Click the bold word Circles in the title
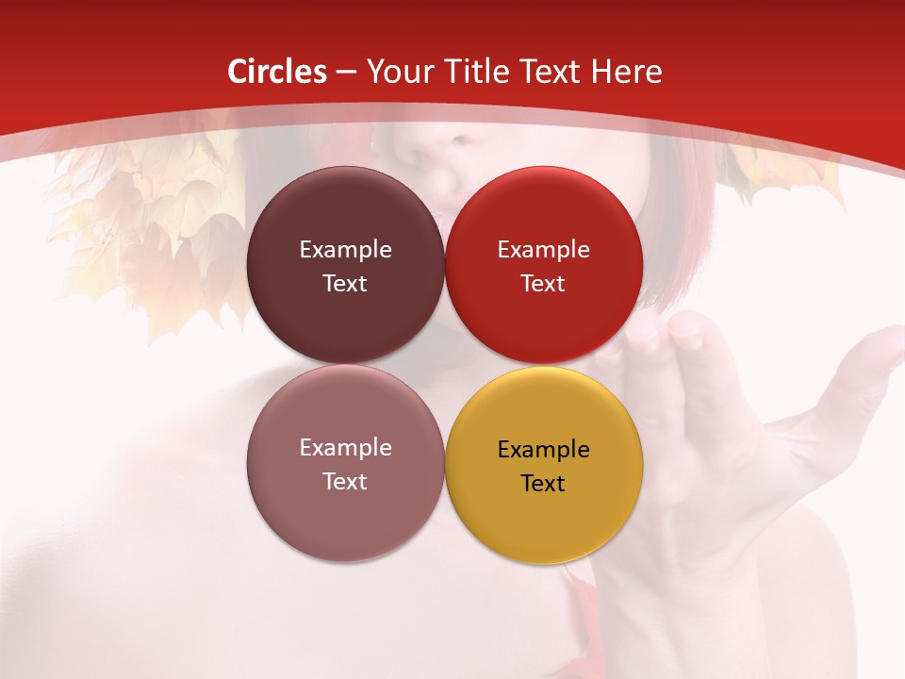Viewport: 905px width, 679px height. coord(277,72)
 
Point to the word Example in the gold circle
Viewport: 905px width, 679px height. coord(544,450)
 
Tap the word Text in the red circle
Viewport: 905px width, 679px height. coord(543,284)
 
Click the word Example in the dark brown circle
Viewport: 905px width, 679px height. coord(345,250)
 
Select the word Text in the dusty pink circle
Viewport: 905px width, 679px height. coord(345,482)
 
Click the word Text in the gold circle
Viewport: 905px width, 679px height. coord(543,484)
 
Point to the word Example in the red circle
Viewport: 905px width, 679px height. coord(544,250)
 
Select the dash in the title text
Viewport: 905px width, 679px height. coord(346,73)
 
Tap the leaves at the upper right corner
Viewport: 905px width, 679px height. coord(782,170)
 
